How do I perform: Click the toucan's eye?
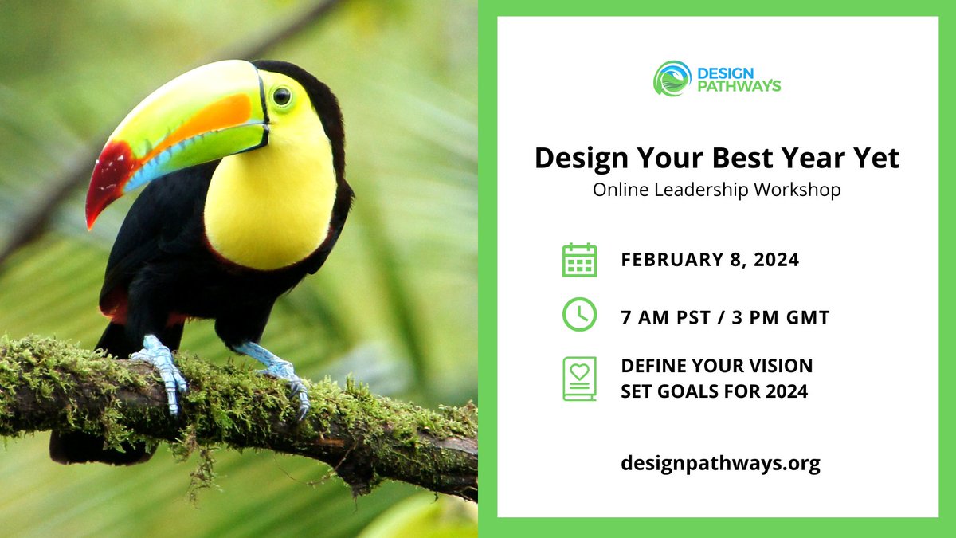click(x=282, y=96)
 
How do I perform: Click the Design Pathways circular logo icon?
click(x=672, y=78)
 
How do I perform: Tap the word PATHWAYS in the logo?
click(x=739, y=86)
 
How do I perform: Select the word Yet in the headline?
click(x=873, y=158)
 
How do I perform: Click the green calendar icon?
click(x=579, y=260)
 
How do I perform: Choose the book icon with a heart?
click(x=579, y=378)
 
